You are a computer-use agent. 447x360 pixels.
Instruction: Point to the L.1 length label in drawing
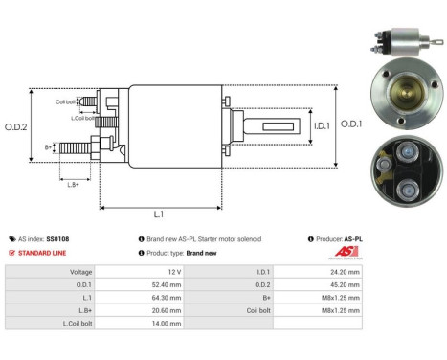pos(159,216)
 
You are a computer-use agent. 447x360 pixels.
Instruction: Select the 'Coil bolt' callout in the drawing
pos(64,101)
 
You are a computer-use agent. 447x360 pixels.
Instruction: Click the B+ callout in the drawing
pos(49,147)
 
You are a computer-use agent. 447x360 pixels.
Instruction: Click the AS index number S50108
pos(58,238)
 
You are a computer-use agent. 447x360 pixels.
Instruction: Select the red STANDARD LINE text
pos(45,253)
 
